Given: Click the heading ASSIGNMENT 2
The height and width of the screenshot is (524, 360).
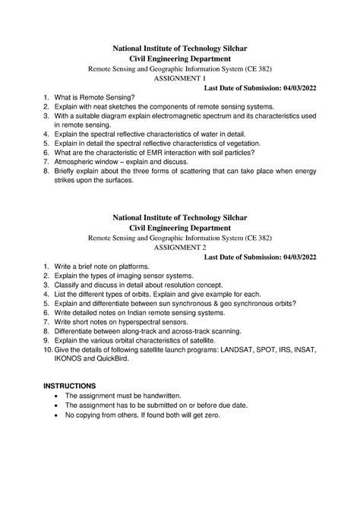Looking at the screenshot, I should (x=179, y=248).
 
